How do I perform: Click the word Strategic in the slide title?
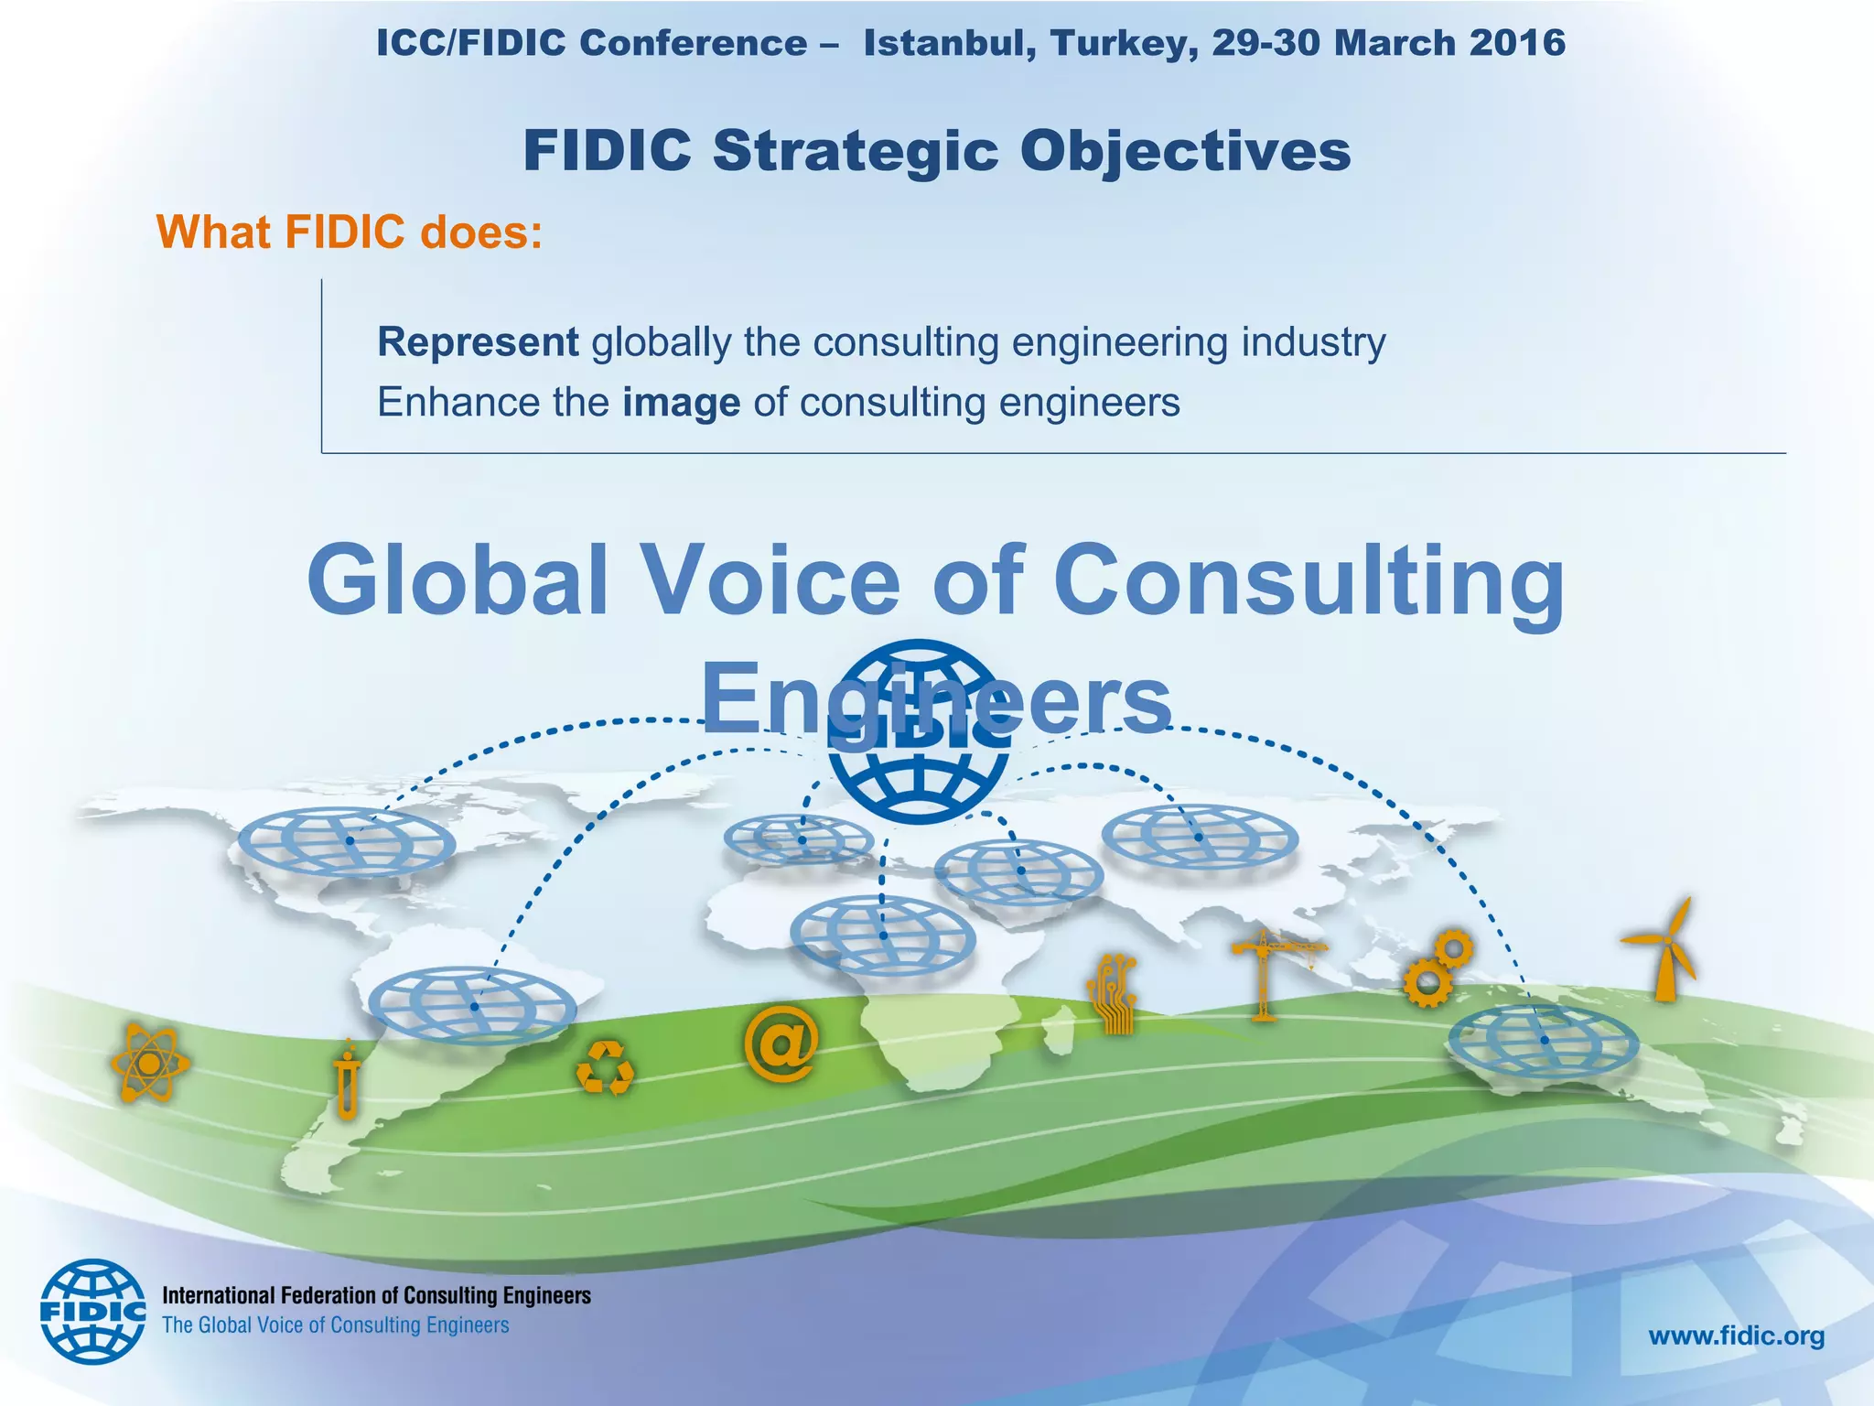(856, 151)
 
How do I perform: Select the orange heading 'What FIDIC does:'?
(350, 232)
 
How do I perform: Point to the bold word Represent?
(478, 342)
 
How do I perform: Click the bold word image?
(681, 403)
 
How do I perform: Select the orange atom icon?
(149, 1063)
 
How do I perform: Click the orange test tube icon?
(348, 1080)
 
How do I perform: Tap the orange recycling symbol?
(605, 1066)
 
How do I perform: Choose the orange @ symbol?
(780, 1044)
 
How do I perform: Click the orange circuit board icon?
(1113, 993)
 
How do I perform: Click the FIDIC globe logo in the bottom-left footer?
(92, 1311)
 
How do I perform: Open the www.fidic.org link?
(1736, 1336)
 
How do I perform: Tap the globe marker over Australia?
(1543, 1041)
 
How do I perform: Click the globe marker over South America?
(472, 1006)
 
